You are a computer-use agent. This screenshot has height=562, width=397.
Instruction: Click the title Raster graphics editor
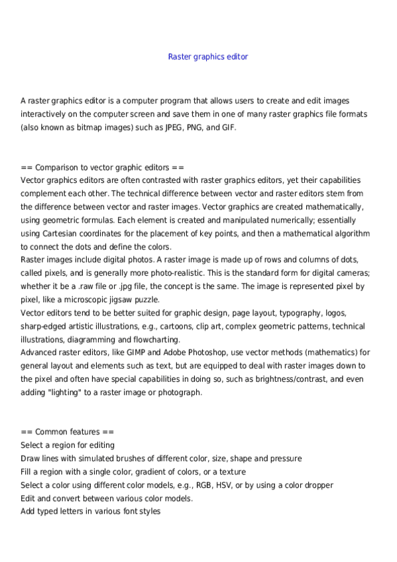(208, 57)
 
